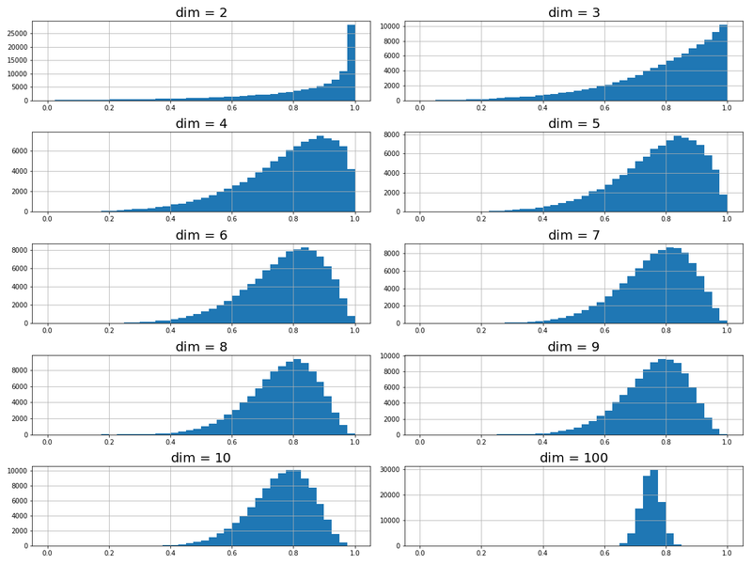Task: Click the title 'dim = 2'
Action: point(201,12)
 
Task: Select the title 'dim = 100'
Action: point(573,458)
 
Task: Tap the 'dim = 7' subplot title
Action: point(573,235)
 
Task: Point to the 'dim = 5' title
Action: point(573,123)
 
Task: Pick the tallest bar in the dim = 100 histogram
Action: point(653,508)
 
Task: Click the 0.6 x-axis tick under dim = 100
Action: point(604,554)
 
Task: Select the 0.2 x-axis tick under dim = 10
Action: point(109,554)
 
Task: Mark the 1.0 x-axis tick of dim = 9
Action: point(728,443)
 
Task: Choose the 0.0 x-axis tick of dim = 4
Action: point(47,220)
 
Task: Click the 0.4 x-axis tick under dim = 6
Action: point(170,331)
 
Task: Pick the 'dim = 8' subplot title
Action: point(201,347)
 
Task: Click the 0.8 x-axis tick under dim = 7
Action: point(666,331)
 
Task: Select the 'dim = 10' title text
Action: point(201,458)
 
